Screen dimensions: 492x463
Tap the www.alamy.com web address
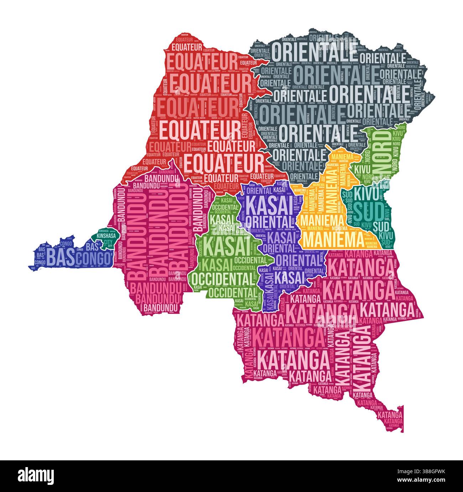pyautogui.click(x=426, y=481)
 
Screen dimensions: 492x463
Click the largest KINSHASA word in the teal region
pyautogui.click(x=103, y=236)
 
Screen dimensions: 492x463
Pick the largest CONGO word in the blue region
pyautogui.click(x=94, y=259)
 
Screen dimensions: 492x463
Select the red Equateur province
pyautogui.click(x=199, y=107)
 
